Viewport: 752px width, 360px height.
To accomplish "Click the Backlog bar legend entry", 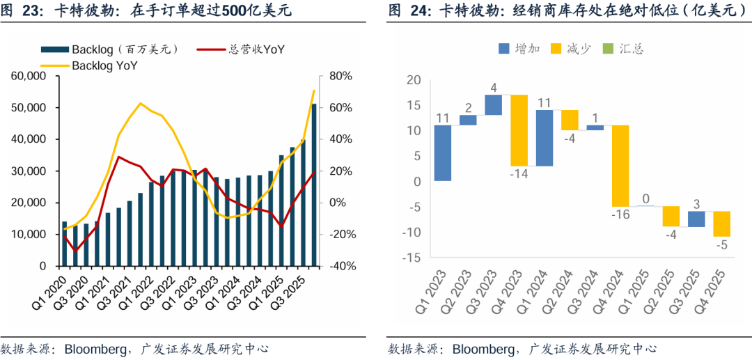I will click(111, 49).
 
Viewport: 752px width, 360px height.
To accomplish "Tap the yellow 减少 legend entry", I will click(570, 49).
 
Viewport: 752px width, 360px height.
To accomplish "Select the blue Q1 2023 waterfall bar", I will click(442, 153).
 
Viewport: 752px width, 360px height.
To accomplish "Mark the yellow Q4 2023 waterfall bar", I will click(519, 130).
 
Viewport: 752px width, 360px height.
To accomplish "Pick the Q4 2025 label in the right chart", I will click(717, 293).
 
